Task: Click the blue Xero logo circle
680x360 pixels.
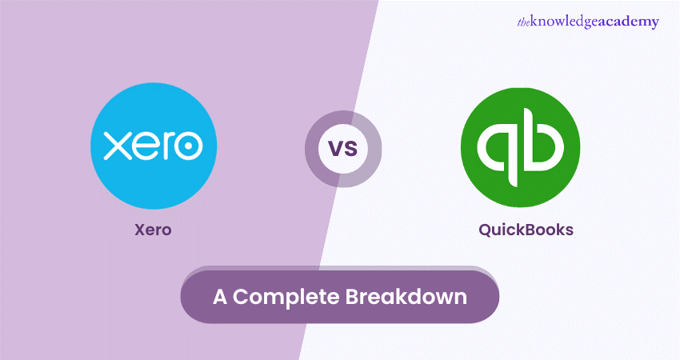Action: tap(153, 146)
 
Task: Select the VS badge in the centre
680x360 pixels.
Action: tap(343, 149)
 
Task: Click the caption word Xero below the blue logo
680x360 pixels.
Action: tap(152, 230)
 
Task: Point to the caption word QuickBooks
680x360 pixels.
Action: tap(526, 230)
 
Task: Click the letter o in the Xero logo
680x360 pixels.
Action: tap(188, 146)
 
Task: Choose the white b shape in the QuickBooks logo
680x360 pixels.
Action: tap(544, 144)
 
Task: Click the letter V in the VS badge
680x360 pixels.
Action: tap(336, 150)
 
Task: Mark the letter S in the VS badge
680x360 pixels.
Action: tap(350, 150)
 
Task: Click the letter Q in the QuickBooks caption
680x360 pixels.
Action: tap(485, 230)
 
